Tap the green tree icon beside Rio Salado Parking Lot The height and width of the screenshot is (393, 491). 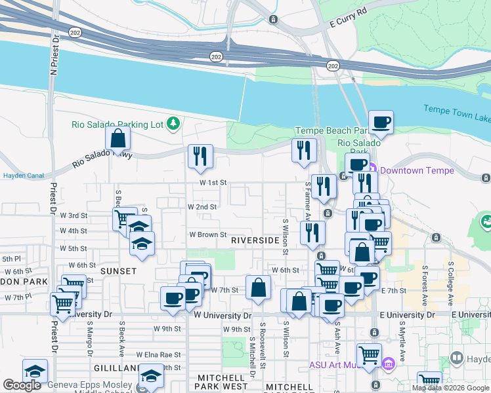173,122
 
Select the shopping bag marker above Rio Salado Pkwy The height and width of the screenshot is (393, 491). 117,139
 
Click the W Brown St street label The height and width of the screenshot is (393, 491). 207,234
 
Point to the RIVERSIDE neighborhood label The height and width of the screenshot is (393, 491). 255,240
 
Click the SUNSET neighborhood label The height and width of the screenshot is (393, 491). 118,271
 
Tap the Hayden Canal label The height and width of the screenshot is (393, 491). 23,176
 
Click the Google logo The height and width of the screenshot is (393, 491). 22,385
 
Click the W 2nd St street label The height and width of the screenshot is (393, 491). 202,206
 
